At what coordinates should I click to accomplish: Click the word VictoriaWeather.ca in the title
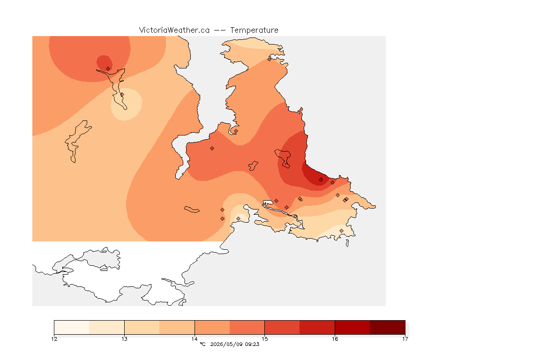(x=174, y=30)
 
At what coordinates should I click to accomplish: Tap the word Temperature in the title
(x=254, y=30)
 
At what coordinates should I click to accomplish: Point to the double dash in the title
(x=220, y=30)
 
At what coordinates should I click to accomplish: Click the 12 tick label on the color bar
(x=54, y=339)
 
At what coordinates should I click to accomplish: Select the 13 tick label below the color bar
(x=124, y=339)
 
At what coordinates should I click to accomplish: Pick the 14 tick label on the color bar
(x=195, y=339)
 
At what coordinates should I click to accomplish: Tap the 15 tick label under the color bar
(x=264, y=339)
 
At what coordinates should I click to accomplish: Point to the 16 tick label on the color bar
(x=335, y=339)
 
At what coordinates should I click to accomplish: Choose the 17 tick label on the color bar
(x=405, y=339)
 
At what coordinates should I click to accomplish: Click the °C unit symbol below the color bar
(x=202, y=344)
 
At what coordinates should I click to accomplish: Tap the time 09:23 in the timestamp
(x=252, y=344)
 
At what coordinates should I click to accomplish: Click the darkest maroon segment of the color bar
(x=388, y=327)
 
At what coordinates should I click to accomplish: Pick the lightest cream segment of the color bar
(x=72, y=327)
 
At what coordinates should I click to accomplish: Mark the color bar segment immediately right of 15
(x=282, y=327)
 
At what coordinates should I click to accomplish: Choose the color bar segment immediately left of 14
(x=177, y=327)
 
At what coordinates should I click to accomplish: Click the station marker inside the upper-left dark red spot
(x=108, y=69)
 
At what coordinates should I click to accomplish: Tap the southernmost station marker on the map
(x=341, y=231)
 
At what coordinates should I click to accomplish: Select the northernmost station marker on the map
(x=270, y=59)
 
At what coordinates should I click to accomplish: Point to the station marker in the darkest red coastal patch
(x=321, y=180)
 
